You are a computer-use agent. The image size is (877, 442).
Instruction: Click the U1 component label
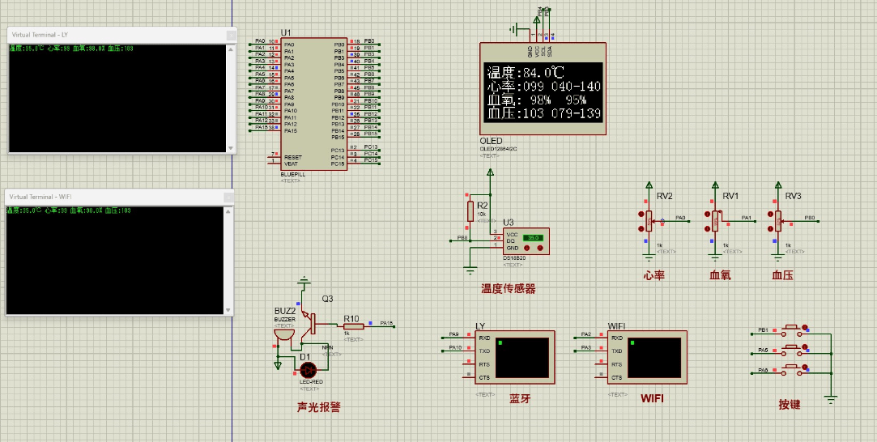point(286,32)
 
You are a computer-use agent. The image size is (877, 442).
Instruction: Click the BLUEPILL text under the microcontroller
point(292,174)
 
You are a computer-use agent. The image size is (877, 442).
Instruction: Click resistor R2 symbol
point(470,211)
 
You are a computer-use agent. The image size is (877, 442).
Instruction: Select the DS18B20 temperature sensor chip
point(525,240)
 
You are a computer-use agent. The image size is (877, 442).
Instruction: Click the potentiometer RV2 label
point(665,196)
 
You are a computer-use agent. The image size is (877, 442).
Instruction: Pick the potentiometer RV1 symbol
point(715,219)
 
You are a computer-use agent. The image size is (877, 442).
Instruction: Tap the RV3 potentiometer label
point(793,196)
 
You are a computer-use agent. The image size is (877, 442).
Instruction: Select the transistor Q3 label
point(327,299)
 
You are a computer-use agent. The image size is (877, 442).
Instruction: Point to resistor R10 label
point(351,318)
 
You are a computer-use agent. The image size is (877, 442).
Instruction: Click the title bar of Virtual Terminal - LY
point(113,35)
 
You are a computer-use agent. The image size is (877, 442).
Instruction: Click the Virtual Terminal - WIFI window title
point(113,197)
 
